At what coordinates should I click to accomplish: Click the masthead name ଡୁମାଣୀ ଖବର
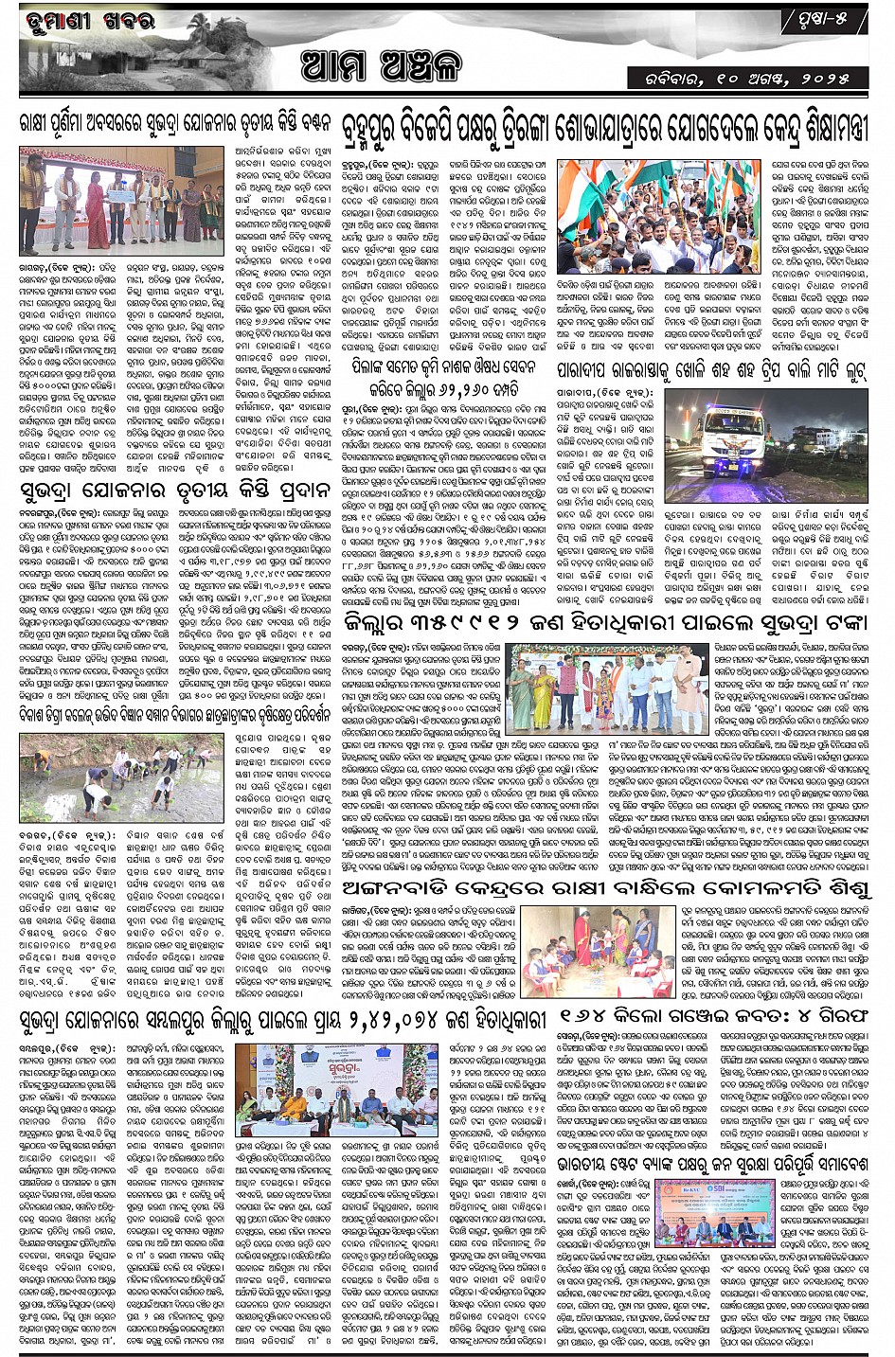(80, 22)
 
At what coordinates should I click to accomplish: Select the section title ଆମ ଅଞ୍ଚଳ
(379, 67)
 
